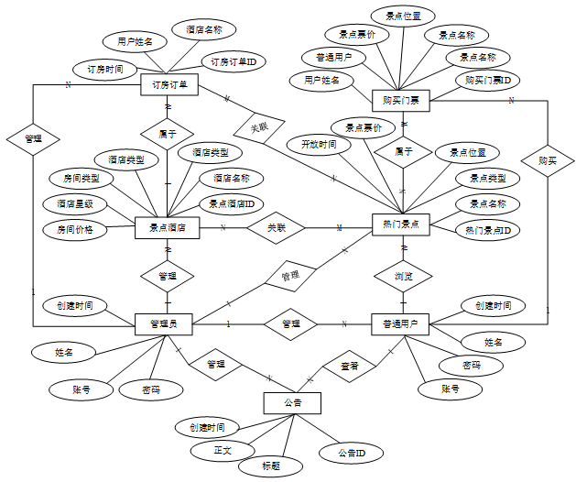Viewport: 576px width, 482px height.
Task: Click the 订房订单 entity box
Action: pyautogui.click(x=168, y=85)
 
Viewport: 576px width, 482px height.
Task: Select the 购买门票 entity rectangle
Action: pyautogui.click(x=402, y=99)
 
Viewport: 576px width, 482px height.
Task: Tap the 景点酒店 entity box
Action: pyautogui.click(x=168, y=227)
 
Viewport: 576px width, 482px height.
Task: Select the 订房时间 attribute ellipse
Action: pyautogui.click(x=105, y=69)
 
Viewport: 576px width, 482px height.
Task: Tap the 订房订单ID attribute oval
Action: pyautogui.click(x=233, y=62)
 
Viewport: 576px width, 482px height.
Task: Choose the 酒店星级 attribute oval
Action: pyautogui.click(x=75, y=203)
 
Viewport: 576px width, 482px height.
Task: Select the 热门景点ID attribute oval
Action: pyautogui.click(x=488, y=229)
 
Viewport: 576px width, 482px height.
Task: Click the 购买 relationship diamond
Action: pyautogui.click(x=548, y=160)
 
